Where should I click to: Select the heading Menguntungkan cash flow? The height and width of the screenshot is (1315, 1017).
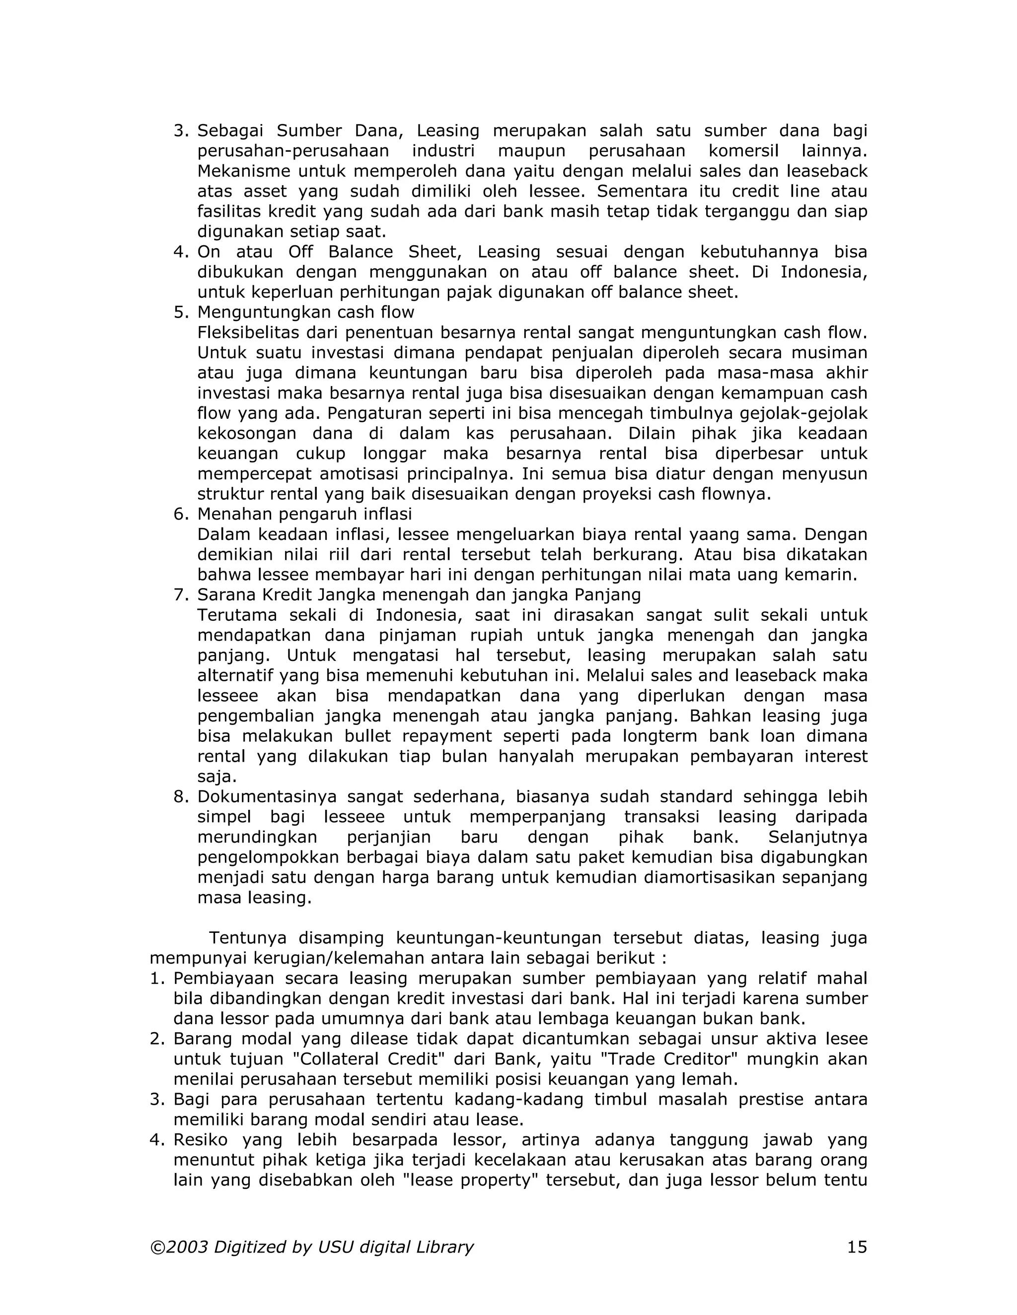(305, 312)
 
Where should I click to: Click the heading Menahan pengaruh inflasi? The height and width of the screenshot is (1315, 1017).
(304, 514)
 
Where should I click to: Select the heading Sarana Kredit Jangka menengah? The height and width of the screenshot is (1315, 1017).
(419, 594)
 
